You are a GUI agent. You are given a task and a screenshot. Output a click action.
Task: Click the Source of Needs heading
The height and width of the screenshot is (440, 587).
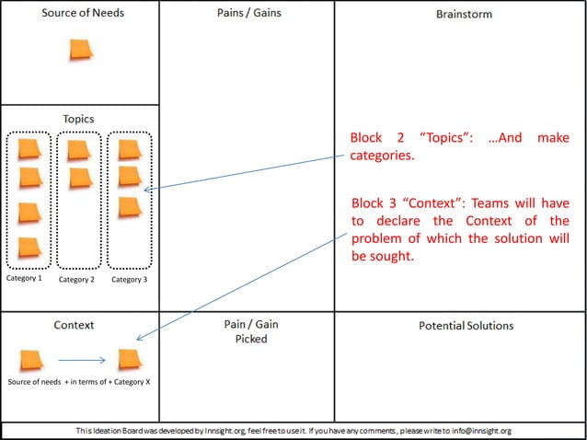point(83,13)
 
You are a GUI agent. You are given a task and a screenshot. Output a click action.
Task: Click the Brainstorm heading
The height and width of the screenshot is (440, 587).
point(464,15)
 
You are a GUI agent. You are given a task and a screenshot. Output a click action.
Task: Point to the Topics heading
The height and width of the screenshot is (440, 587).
point(78,119)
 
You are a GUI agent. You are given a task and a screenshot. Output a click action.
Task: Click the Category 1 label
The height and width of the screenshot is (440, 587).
point(24,278)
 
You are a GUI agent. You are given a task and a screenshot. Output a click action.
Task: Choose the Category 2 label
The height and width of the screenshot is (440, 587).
point(77,279)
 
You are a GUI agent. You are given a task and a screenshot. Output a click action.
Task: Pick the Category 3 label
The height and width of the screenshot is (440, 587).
point(130,279)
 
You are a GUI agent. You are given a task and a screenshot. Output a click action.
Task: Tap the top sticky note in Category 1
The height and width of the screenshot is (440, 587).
point(29,147)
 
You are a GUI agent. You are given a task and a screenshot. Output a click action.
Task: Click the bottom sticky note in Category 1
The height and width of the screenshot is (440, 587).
point(29,247)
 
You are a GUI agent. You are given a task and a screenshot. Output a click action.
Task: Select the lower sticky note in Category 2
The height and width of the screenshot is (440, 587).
point(80,176)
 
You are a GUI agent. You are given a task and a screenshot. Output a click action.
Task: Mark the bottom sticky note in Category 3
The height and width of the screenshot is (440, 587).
point(130,206)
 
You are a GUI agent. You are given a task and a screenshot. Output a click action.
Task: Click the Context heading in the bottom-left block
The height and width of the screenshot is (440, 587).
point(74,326)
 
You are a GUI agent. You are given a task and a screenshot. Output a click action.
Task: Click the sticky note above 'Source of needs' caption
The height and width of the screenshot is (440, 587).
point(31,360)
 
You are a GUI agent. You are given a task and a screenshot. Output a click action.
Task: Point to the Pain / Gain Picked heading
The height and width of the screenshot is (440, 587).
point(246,331)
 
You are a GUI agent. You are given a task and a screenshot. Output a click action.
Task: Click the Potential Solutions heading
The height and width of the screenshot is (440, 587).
point(466,326)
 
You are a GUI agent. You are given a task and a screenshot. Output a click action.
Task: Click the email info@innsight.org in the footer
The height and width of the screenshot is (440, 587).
point(476,431)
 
